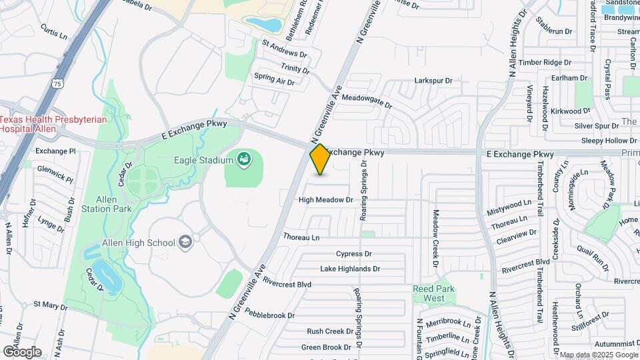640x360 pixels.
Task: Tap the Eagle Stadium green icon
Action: (x=244, y=159)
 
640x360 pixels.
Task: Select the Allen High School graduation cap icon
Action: (x=186, y=243)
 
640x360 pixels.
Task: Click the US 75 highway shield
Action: (x=57, y=83)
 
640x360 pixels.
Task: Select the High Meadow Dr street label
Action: (x=325, y=199)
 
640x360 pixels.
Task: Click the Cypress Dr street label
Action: (x=353, y=254)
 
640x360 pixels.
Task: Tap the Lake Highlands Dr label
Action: (x=349, y=269)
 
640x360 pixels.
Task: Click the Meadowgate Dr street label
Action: (x=367, y=101)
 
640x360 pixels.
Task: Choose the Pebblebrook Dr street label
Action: (x=269, y=315)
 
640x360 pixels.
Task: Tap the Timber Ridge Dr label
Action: (x=545, y=62)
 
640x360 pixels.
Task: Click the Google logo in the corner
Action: (x=22, y=351)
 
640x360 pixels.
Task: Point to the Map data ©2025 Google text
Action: (x=599, y=355)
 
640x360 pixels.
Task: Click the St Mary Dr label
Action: (x=51, y=307)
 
